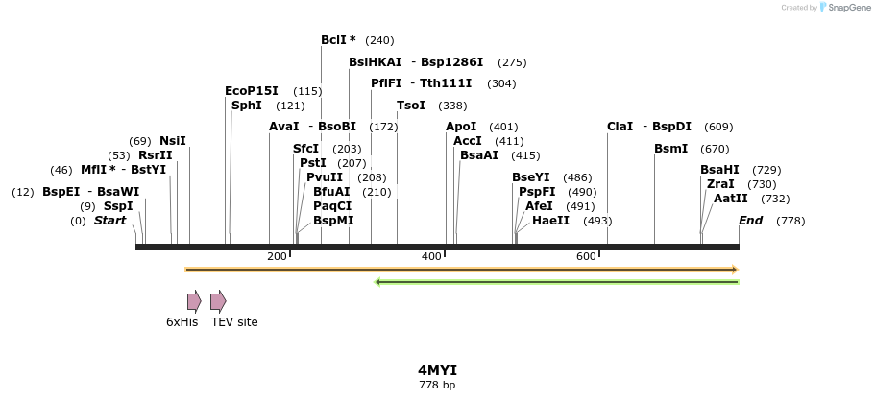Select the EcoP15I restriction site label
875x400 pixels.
click(x=252, y=91)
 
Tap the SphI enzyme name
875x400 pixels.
click(x=247, y=106)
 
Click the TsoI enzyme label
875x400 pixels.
click(x=411, y=106)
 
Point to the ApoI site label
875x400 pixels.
click(x=461, y=127)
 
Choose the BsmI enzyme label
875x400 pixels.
click(x=671, y=149)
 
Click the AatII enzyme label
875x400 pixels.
click(x=731, y=199)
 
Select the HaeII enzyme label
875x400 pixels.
click(x=550, y=221)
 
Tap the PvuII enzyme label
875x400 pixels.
click(x=325, y=177)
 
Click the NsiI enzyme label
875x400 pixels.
click(x=173, y=141)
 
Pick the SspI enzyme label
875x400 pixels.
click(x=118, y=206)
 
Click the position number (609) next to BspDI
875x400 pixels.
click(x=718, y=127)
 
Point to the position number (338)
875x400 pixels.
click(x=452, y=106)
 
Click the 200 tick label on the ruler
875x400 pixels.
click(x=277, y=256)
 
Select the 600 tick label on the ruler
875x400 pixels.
click(x=586, y=256)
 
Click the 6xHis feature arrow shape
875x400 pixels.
click(x=194, y=301)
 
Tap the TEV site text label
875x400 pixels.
click(x=234, y=322)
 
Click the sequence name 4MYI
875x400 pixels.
click(x=437, y=370)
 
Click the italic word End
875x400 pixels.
click(x=750, y=221)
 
